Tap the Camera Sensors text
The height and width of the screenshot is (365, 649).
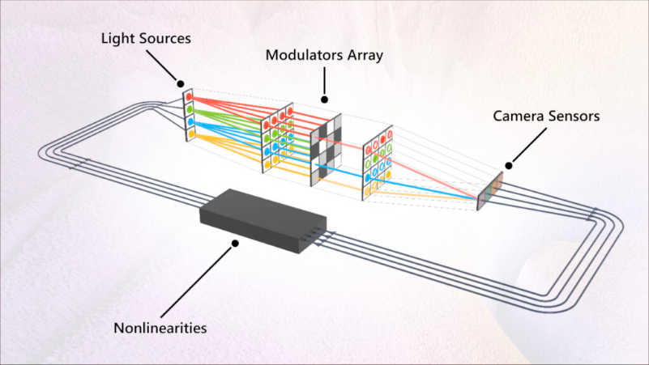click(546, 116)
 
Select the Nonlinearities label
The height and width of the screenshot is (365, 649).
click(160, 329)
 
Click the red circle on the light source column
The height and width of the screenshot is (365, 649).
click(190, 95)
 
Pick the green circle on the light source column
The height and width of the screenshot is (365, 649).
click(190, 108)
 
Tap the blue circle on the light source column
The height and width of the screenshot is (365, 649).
click(190, 122)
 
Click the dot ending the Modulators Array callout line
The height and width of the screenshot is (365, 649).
click(326, 100)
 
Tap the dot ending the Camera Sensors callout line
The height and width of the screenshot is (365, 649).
click(510, 162)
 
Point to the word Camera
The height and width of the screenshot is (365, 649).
click(519, 116)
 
